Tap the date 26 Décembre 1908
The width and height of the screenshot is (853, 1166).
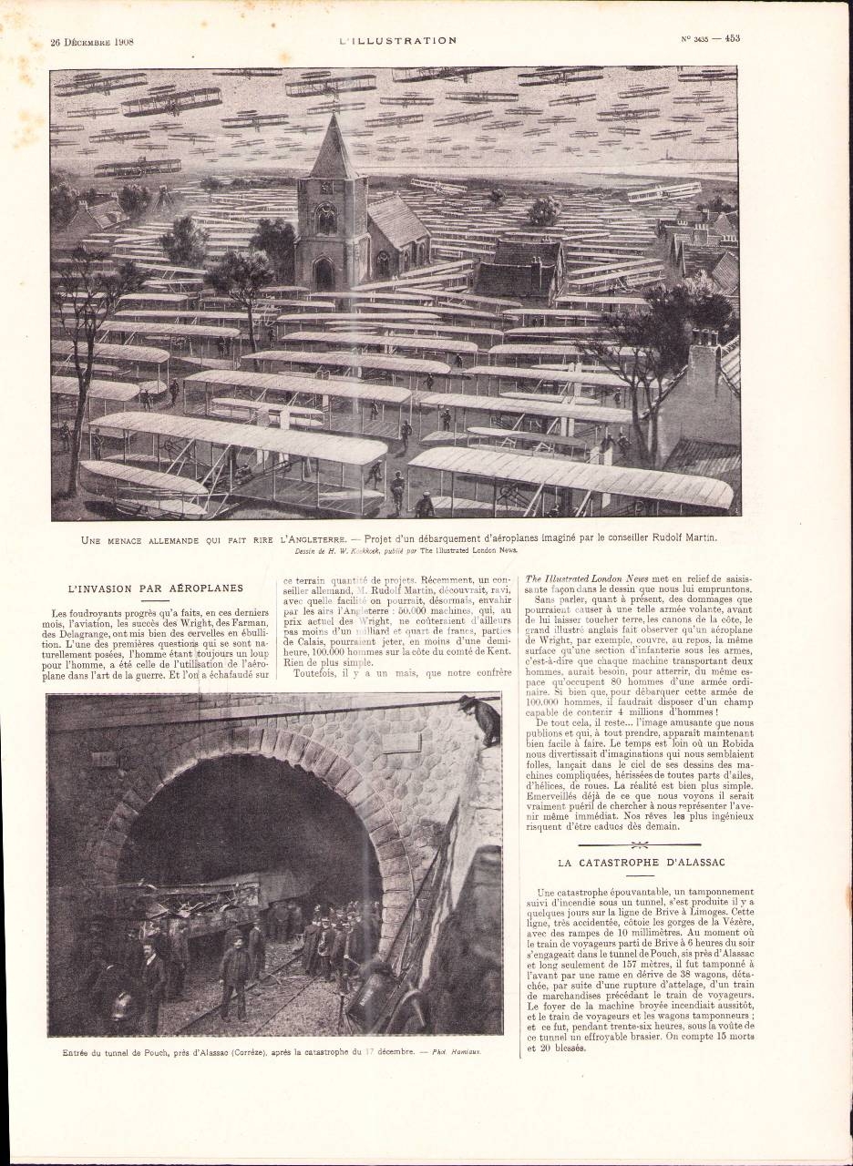click(x=93, y=40)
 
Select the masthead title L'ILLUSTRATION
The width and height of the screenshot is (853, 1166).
click(x=397, y=40)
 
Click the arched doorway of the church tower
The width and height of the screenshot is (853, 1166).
click(x=324, y=272)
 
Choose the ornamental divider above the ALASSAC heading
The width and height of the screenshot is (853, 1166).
click(x=639, y=844)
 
